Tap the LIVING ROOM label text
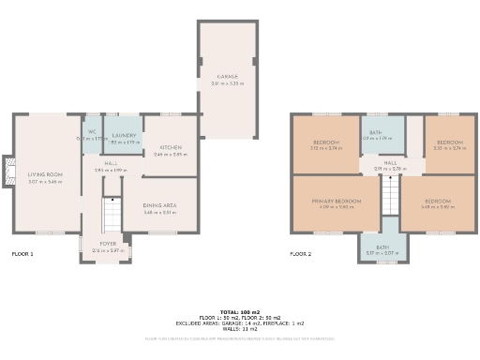coord(44,174)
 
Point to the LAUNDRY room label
coord(124,136)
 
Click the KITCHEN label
coord(171,147)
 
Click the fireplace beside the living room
coord(8,173)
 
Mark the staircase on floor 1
coord(112,214)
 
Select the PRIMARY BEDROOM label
coord(336,201)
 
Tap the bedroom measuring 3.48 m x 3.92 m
coord(437,202)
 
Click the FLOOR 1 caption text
coord(22,254)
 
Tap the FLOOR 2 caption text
coord(300,254)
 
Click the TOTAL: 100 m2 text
coord(239,311)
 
